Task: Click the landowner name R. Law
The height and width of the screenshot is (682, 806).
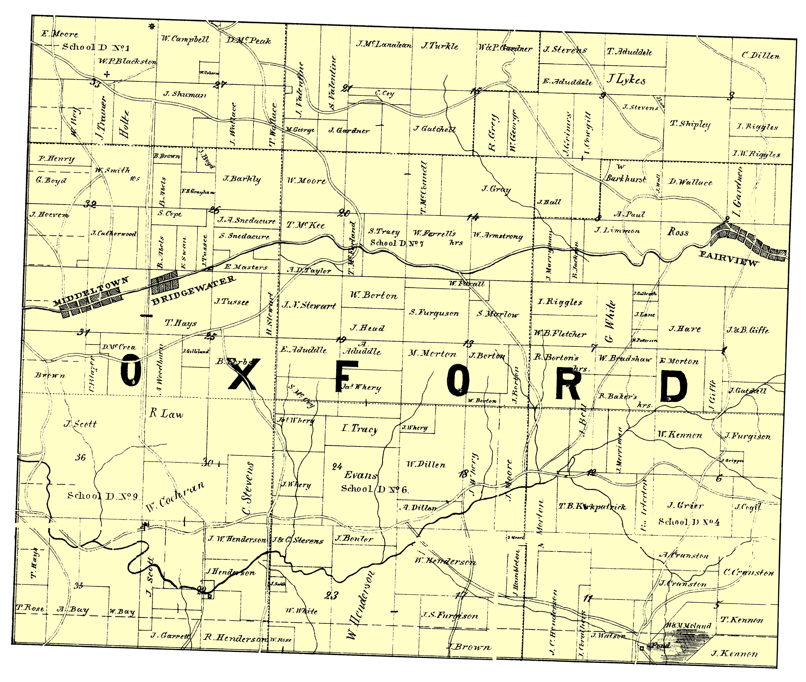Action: point(166,414)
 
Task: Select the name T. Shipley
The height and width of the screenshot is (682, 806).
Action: point(690,124)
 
